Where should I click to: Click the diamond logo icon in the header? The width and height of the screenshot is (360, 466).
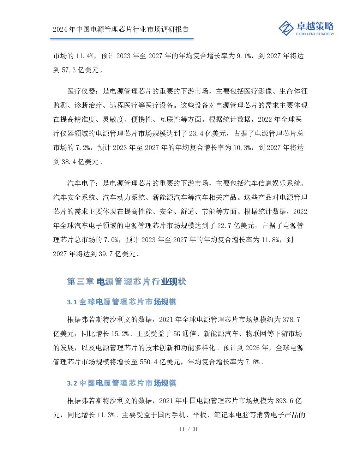[x=286, y=28]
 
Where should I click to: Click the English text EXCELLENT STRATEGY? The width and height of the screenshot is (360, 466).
[x=315, y=34]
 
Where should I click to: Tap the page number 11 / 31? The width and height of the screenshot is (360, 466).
[x=188, y=429]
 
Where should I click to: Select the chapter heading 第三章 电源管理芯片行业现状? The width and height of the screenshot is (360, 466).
[x=126, y=282]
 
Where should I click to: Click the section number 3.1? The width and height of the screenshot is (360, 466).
[x=72, y=302]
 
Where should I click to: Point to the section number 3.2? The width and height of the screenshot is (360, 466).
[x=72, y=383]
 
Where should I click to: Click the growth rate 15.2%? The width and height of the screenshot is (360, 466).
[x=120, y=334]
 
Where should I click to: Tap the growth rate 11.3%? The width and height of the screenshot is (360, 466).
[x=106, y=415]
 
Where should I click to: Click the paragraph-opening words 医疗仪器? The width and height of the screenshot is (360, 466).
[x=81, y=91]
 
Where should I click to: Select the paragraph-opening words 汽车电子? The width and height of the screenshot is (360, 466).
[x=81, y=183]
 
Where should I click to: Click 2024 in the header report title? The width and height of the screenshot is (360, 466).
[x=60, y=29]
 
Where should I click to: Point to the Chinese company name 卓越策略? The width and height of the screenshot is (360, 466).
[x=315, y=26]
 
